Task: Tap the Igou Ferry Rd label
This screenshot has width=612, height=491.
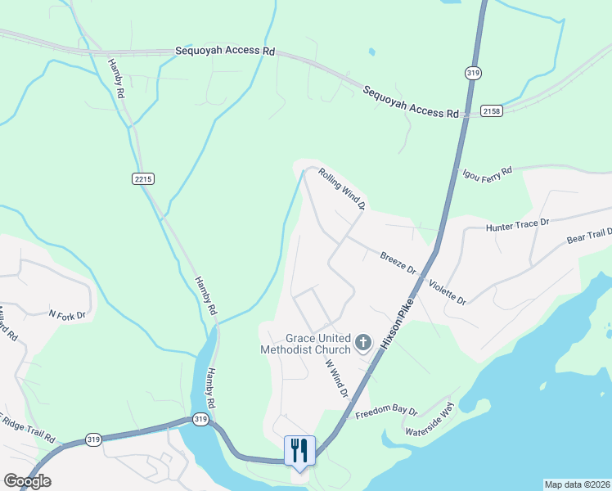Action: click(487, 173)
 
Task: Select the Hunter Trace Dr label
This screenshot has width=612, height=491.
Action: click(520, 225)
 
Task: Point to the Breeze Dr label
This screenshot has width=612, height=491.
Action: click(398, 262)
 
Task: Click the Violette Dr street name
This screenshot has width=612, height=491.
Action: click(448, 291)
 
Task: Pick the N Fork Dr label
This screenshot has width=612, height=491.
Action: click(67, 313)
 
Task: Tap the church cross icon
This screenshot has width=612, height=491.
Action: click(363, 342)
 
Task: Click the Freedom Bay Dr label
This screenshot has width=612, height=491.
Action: click(387, 412)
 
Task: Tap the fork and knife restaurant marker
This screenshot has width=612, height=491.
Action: click(299, 450)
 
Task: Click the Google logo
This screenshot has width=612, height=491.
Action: click(27, 481)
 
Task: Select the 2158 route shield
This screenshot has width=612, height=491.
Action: click(491, 110)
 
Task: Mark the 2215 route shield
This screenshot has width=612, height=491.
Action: click(142, 178)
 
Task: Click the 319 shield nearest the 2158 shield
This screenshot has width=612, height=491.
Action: click(473, 74)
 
